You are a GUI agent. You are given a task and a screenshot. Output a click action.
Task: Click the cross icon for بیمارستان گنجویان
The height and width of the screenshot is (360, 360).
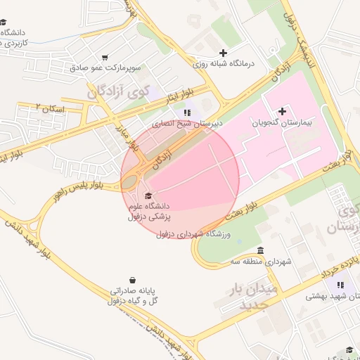tap(283, 111)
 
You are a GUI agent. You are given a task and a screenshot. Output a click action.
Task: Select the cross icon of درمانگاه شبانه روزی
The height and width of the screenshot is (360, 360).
tap(224, 53)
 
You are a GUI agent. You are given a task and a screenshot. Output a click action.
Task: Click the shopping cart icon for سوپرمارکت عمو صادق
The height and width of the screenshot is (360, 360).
tap(105, 58)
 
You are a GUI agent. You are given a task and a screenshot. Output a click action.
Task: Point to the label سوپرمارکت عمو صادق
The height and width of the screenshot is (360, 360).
tap(105, 68)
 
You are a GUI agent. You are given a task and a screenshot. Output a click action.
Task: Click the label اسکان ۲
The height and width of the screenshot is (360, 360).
tap(49, 108)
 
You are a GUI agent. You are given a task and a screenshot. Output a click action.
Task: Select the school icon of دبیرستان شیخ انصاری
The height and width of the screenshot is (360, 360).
tap(186, 112)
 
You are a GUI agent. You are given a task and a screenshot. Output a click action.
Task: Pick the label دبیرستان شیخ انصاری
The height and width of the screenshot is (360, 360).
tap(184, 122)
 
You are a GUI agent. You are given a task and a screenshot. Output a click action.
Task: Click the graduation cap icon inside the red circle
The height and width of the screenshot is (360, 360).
tap(148, 195)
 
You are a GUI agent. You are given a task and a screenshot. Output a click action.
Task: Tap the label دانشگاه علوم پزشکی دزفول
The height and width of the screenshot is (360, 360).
tap(148, 211)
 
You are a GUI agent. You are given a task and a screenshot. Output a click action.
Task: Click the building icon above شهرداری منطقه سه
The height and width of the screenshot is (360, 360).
tap(260, 251)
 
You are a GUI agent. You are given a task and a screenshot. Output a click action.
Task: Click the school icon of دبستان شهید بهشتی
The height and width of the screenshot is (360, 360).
tap(340, 285)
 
